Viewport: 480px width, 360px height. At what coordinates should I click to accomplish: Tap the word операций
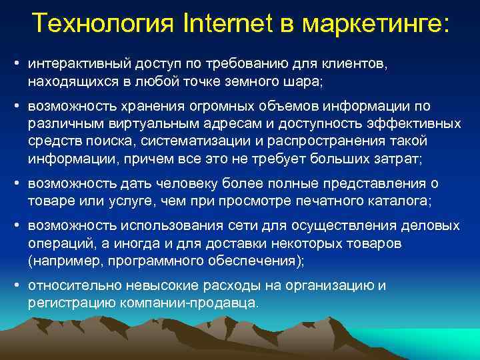click(58, 243)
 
